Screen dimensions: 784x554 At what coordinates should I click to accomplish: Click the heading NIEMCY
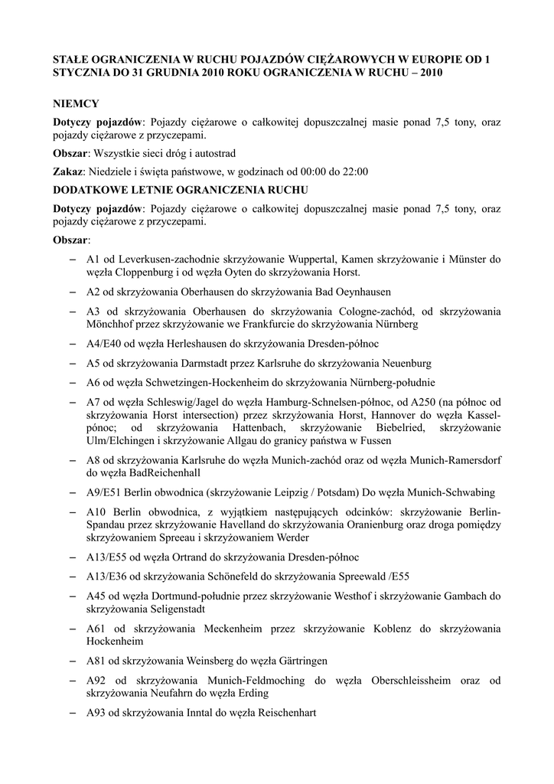tap(76, 103)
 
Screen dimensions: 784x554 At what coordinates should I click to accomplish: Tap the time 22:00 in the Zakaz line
tap(354, 171)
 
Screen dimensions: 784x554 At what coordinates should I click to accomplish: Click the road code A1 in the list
tap(94, 259)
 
